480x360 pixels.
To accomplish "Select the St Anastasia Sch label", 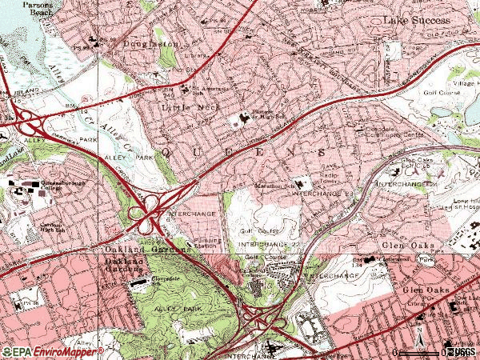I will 210,90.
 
